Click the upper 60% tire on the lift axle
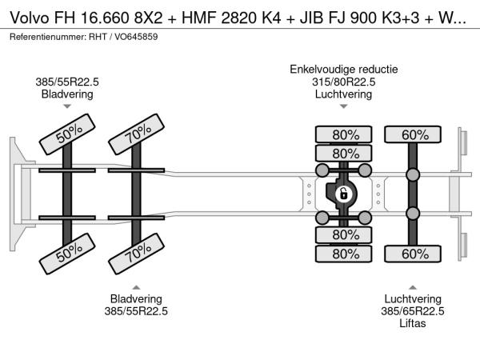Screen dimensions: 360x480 click(x=413, y=134)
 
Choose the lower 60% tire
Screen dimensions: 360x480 click(x=413, y=254)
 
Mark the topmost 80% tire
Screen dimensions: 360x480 click(x=345, y=134)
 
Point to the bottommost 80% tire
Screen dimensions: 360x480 click(x=345, y=254)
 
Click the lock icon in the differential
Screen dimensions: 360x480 click(x=343, y=194)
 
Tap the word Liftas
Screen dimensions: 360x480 click(x=413, y=323)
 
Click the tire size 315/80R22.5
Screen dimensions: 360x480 click(x=344, y=82)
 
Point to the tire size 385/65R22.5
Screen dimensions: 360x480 click(x=413, y=311)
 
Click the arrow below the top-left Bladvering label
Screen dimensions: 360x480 click(x=67, y=106)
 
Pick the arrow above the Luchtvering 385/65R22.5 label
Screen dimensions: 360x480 click(x=413, y=286)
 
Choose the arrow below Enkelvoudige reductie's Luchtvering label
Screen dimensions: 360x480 click(x=344, y=106)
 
